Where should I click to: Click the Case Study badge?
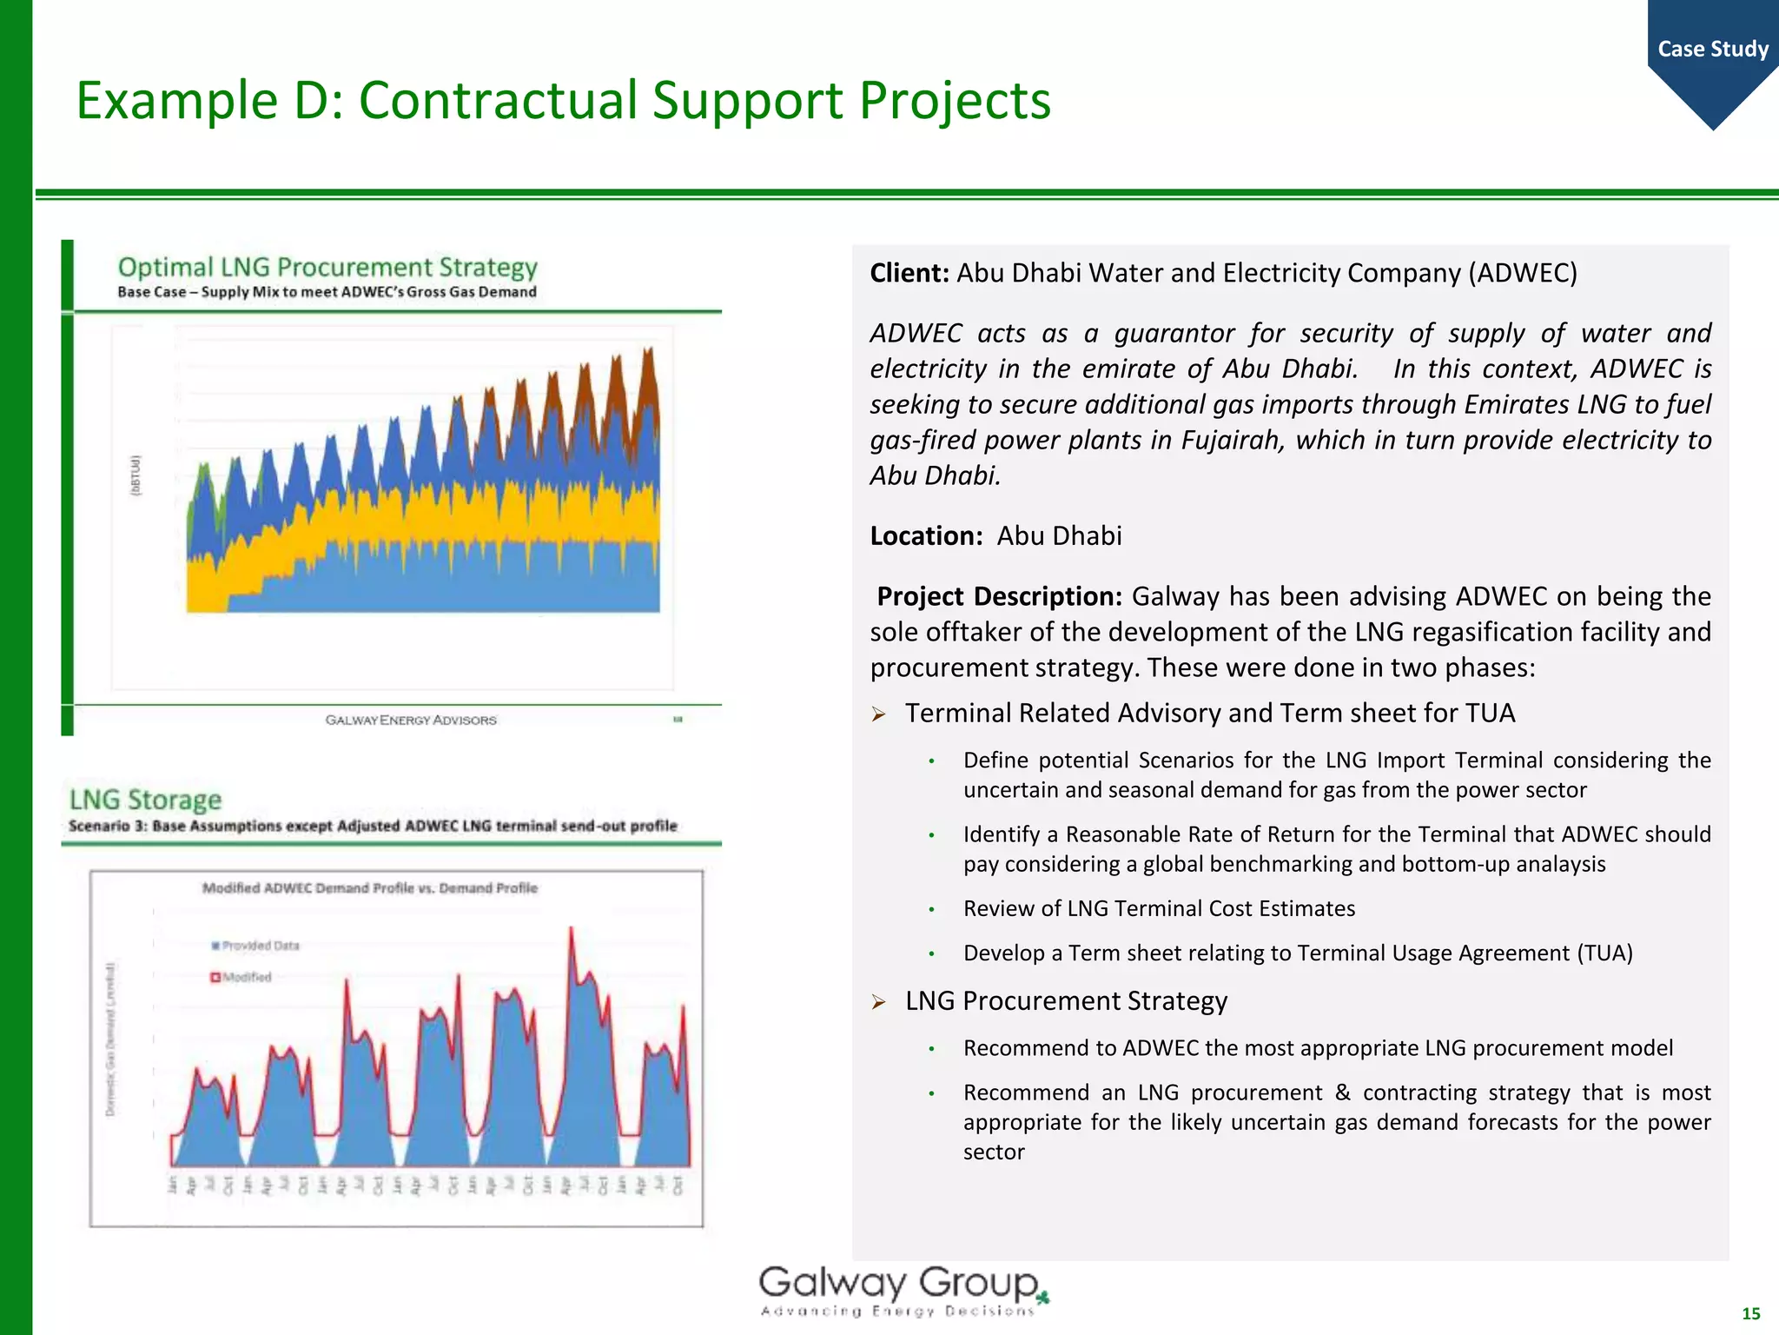pyautogui.click(x=1712, y=50)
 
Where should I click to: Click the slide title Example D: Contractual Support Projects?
pyautogui.click(x=563, y=100)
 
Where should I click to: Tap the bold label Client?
pyautogui.click(x=909, y=273)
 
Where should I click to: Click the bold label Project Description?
pyautogui.click(x=999, y=596)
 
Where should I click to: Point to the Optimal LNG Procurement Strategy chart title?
pyautogui.click(x=327, y=267)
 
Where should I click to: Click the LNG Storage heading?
pyautogui.click(x=145, y=800)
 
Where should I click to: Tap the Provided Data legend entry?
pyautogui.click(x=257, y=946)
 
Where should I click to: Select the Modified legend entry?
pyautogui.click(x=243, y=977)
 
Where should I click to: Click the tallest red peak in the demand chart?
pyautogui.click(x=571, y=930)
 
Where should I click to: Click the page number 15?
pyautogui.click(x=1750, y=1313)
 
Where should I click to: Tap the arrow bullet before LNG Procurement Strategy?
pyautogui.click(x=879, y=1002)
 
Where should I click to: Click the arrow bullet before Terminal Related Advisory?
pyautogui.click(x=879, y=714)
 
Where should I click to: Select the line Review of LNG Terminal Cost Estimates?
pyautogui.click(x=1159, y=908)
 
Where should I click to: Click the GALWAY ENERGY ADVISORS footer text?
pyautogui.click(x=411, y=720)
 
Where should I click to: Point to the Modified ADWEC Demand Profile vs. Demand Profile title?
pyautogui.click(x=369, y=887)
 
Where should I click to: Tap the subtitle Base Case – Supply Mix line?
pyautogui.click(x=327, y=292)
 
